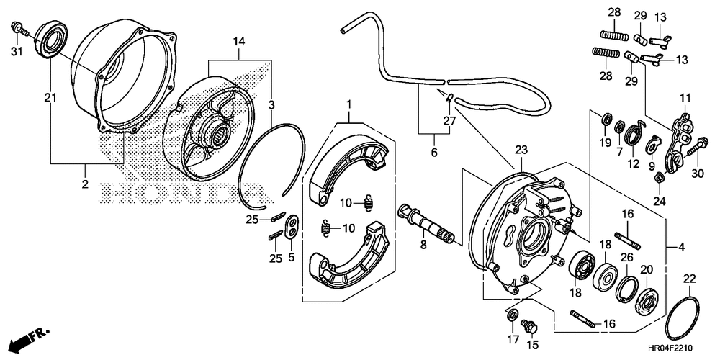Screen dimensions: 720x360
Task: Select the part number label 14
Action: click(x=239, y=42)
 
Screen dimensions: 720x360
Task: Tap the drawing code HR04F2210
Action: click(x=671, y=348)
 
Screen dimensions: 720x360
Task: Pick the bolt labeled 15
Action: click(x=531, y=327)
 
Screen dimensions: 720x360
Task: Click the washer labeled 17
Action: click(x=512, y=316)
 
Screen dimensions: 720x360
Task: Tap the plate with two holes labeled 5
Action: click(x=292, y=225)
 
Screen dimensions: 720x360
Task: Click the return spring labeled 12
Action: click(x=635, y=132)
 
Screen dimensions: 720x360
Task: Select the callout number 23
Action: click(x=521, y=150)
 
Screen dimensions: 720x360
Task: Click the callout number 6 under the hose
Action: click(x=434, y=151)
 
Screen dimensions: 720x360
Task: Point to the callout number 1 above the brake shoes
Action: click(x=349, y=104)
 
